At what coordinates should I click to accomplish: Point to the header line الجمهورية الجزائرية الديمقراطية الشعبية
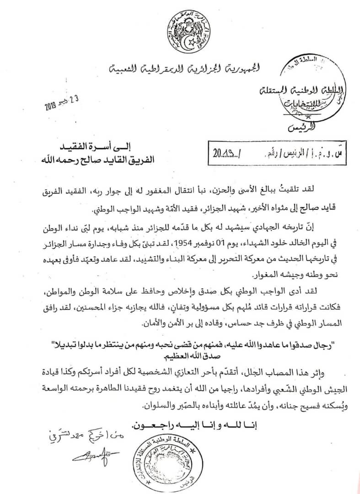click(x=185, y=70)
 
